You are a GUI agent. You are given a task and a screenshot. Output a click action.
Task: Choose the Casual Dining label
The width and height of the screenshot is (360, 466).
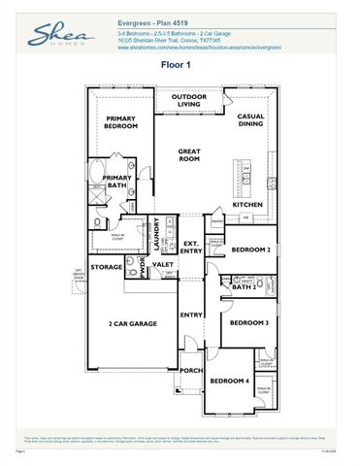[251, 120]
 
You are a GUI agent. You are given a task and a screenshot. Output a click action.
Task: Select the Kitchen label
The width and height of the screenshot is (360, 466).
[247, 205]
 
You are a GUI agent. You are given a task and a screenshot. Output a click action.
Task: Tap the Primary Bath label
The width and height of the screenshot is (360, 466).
[117, 182]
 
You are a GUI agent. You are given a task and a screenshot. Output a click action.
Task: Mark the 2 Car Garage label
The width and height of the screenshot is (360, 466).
[133, 323]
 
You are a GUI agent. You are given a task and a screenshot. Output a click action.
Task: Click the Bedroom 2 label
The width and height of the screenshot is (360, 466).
[249, 250]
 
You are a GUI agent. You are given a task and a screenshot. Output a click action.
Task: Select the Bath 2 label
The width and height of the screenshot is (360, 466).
[243, 287]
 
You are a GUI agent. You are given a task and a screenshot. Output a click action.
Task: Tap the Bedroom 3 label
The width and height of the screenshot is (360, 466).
[249, 323]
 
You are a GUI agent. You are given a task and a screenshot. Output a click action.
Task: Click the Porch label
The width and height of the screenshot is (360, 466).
[191, 370]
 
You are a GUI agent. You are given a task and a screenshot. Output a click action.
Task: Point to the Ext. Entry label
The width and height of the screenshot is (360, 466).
[191, 248]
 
